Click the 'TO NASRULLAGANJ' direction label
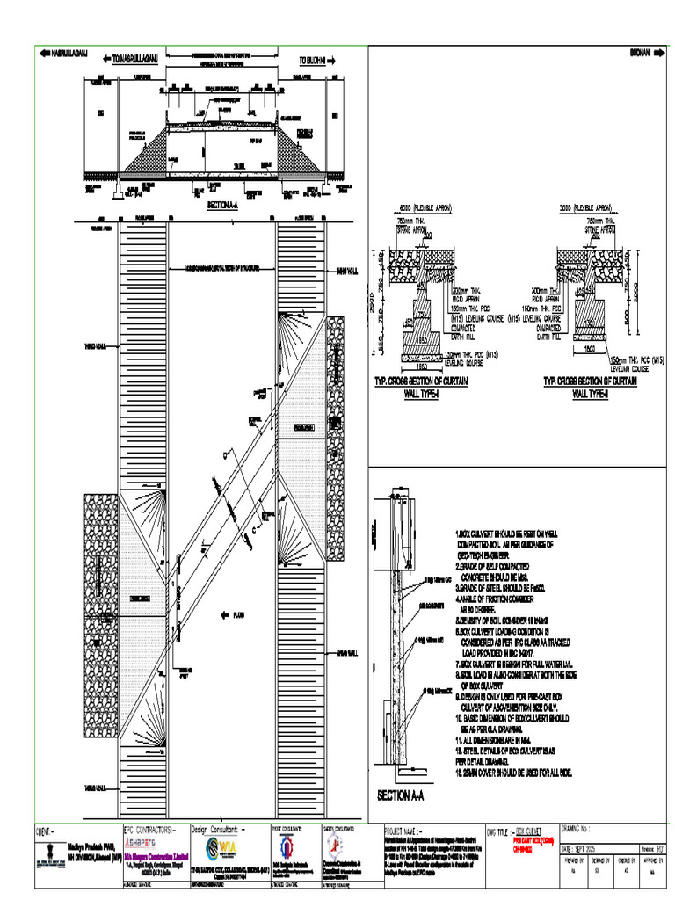(135, 60)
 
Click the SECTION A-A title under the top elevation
(223, 205)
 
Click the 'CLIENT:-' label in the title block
(45, 829)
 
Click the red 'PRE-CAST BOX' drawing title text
(533, 839)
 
